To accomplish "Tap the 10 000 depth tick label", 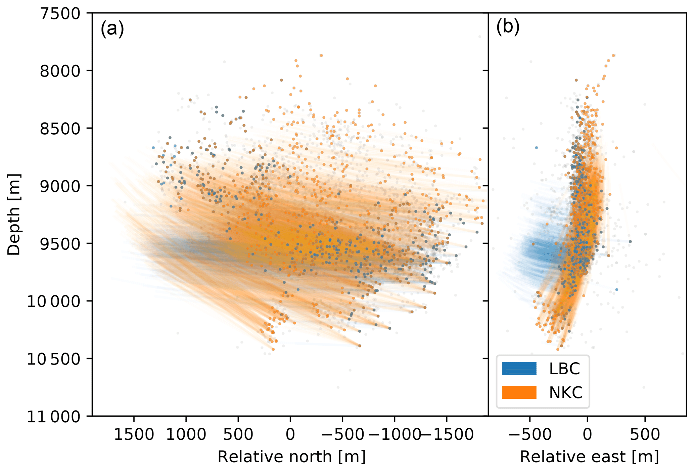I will coord(54,302).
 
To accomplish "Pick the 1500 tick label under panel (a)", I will coord(134,435).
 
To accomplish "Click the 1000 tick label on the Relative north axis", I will coord(186,435).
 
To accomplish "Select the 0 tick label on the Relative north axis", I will coord(290,435).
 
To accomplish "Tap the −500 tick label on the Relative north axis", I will coord(342,435).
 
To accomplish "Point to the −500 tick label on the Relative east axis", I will coord(530,435).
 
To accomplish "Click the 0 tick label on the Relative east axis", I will coord(587,435).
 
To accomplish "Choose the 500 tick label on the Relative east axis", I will coord(645,435).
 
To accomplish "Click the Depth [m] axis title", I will coord(14,215).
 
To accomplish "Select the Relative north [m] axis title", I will coord(291,457).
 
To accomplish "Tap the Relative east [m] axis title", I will coord(589,457).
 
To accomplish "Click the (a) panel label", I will coord(112,29).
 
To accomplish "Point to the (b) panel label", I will coord(508,27).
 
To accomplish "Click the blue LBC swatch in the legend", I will coord(519,369).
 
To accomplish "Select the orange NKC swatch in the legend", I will coord(519,392).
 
